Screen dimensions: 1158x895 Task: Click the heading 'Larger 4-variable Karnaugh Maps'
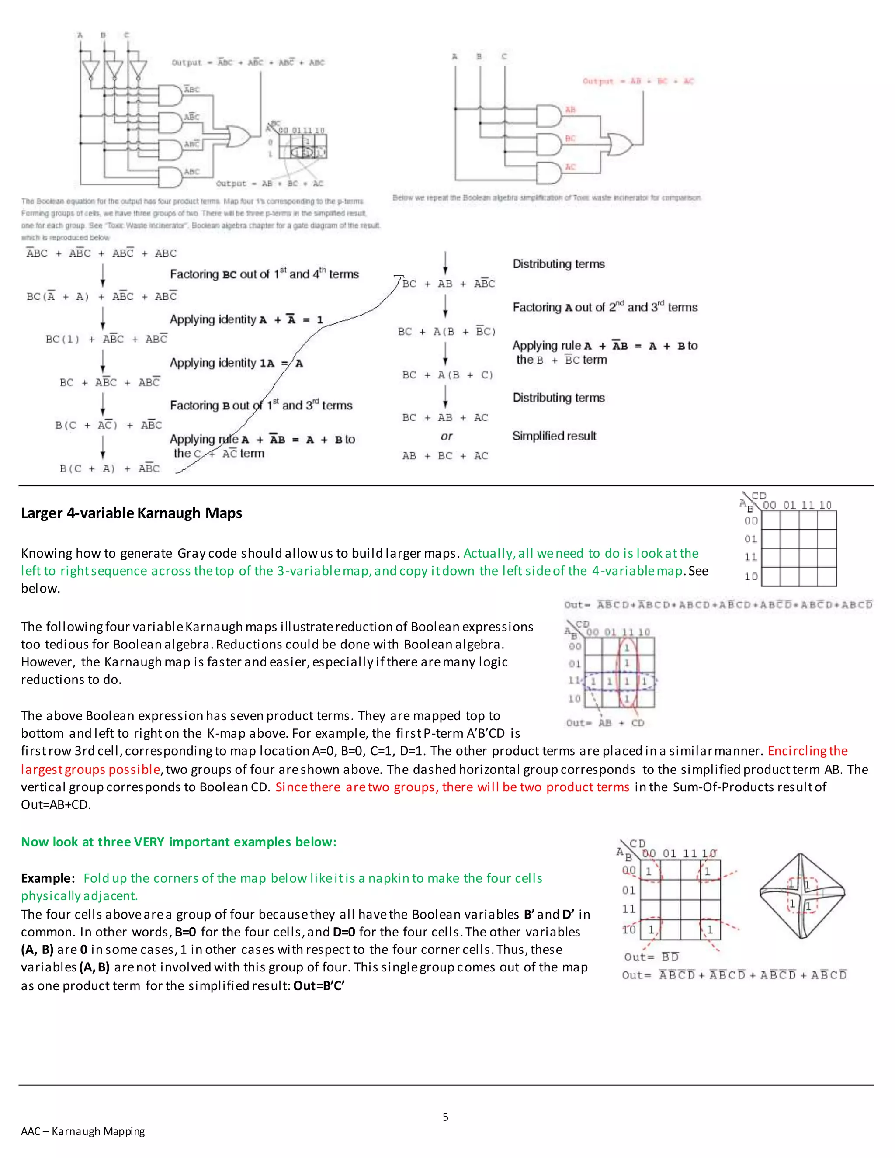132,513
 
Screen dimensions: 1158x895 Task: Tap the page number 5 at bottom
445,1116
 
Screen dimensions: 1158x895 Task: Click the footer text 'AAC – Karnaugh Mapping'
83,1131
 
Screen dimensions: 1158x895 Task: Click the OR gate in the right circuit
619,144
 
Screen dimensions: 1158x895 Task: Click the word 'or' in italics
447,437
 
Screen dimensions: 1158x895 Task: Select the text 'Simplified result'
554,436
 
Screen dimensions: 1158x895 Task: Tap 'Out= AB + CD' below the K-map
605,723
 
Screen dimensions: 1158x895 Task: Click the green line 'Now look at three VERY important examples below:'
179,842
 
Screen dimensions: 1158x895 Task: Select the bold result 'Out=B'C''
319,986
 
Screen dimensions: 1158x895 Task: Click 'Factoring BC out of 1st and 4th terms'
264,274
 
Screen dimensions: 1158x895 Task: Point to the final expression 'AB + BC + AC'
445,456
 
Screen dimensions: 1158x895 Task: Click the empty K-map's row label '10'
750,576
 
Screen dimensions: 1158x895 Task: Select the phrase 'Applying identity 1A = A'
236,363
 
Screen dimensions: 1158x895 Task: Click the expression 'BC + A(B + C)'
447,375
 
